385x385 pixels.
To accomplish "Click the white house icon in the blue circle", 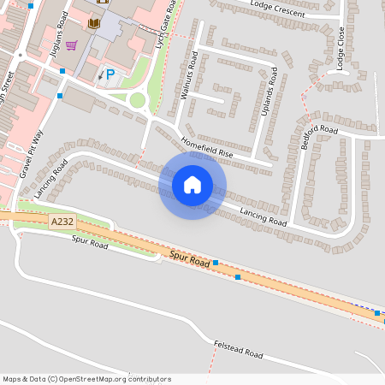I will [x=192, y=185].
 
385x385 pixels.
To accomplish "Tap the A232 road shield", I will [x=62, y=222].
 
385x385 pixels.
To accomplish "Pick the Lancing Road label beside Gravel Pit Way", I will [x=51, y=178].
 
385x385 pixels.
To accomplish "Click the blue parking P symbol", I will [x=110, y=74].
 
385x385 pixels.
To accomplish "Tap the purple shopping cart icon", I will [x=72, y=45].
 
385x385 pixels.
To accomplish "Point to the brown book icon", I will [x=94, y=23].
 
